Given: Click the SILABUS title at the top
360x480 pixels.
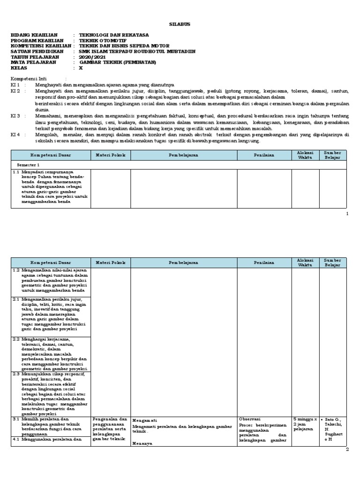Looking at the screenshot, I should click(x=180, y=24).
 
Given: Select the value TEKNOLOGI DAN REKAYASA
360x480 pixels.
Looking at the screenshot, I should click(x=114, y=35).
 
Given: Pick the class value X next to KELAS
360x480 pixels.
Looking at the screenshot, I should click(x=81, y=67).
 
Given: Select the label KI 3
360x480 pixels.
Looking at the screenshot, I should click(x=15, y=115).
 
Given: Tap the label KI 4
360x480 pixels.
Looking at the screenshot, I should click(x=15, y=135).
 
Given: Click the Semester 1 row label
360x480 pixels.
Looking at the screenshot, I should click(x=29, y=165).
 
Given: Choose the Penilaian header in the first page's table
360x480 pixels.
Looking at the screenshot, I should click(x=264, y=155).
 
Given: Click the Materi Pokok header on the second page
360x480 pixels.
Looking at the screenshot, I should click(x=110, y=262).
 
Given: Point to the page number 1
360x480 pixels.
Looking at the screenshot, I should click(x=347, y=214).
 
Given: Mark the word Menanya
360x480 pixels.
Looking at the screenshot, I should click(x=142, y=443).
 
